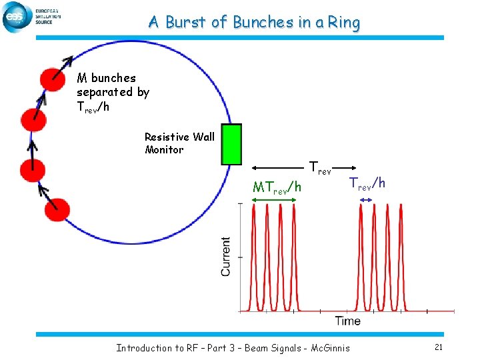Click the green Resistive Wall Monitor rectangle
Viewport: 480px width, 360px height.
pyautogui.click(x=231, y=144)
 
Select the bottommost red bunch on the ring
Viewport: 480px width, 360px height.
pyautogui.click(x=57, y=210)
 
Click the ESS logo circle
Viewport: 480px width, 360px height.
pyautogui.click(x=16, y=17)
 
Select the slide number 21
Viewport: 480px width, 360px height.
pyautogui.click(x=438, y=347)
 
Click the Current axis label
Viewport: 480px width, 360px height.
pyautogui.click(x=227, y=257)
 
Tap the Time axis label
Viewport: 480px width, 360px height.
pyautogui.click(x=347, y=321)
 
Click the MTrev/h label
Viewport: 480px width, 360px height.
pyautogui.click(x=277, y=189)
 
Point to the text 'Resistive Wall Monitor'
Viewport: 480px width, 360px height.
pyautogui.click(x=179, y=143)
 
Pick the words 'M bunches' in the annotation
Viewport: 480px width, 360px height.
pyautogui.click(x=106, y=79)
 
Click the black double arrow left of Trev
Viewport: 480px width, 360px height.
pyautogui.click(x=279, y=169)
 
